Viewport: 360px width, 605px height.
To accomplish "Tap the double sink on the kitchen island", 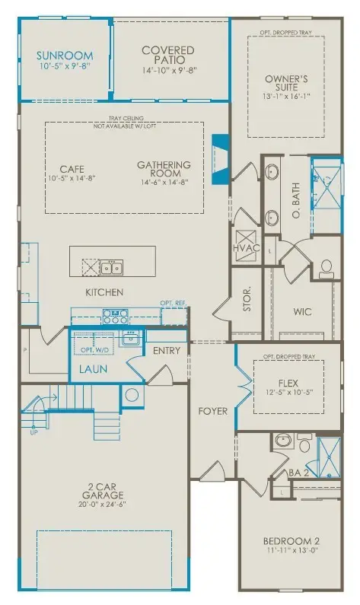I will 112,266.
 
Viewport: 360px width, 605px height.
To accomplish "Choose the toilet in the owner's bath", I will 326,267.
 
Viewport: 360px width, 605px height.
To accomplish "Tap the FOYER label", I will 213,411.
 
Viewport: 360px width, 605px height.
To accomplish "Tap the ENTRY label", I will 167,351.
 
